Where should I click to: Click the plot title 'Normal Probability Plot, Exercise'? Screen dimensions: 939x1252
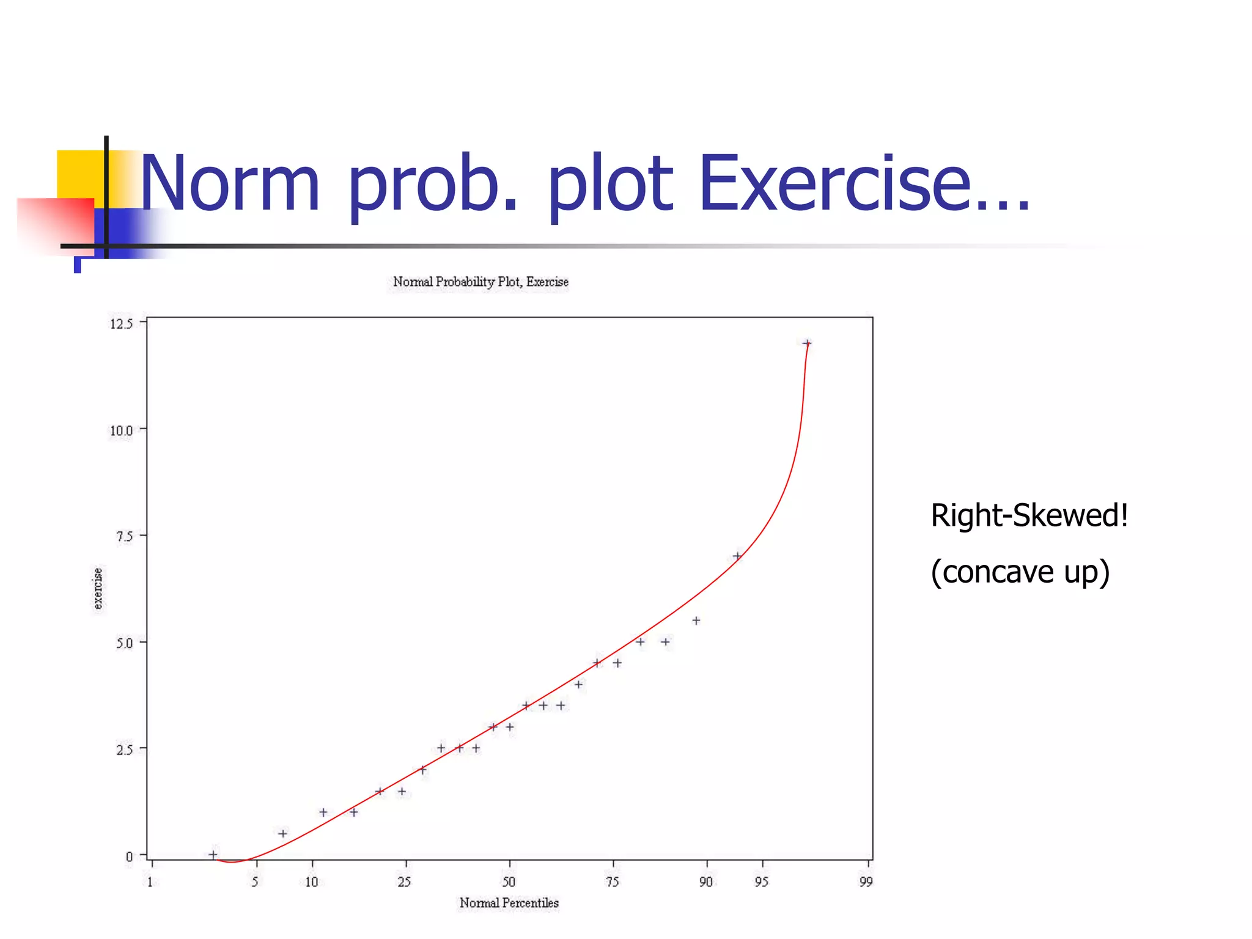click(481, 282)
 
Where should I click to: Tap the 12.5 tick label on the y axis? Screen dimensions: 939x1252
click(120, 323)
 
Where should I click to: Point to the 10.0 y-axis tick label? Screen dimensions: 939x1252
click(120, 430)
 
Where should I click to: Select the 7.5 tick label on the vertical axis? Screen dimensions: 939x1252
click(123, 536)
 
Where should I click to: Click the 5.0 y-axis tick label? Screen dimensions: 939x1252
click(123, 643)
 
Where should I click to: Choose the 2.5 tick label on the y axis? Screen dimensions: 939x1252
click(123, 749)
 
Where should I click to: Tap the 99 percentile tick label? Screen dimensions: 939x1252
click(866, 882)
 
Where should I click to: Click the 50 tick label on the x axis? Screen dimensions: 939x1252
click(509, 882)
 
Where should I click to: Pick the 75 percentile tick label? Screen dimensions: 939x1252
click(612, 882)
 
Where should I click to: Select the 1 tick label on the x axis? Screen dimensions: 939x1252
click(150, 882)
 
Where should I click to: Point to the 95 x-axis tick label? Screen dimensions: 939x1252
click(761, 882)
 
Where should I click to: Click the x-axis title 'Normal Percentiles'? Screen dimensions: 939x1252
click(509, 903)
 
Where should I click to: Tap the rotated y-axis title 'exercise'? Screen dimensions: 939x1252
click(98, 588)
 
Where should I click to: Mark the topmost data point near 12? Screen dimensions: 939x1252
click(807, 344)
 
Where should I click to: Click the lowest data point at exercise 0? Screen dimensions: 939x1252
click(213, 855)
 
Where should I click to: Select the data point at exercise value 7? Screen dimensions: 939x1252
click(737, 556)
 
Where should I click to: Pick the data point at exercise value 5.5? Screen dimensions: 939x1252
click(696, 620)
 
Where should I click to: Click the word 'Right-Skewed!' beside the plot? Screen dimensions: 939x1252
click(1029, 515)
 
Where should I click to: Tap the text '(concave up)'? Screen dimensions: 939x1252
click(1020, 572)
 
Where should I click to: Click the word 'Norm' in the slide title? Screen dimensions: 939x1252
click(230, 183)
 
